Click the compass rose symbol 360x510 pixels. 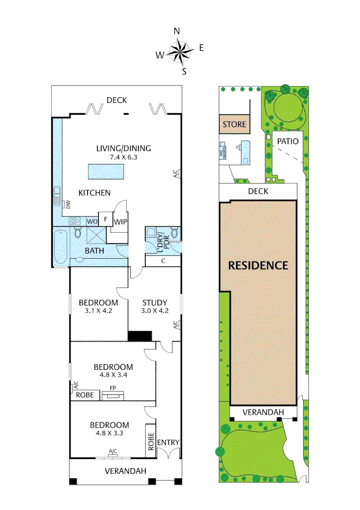(180, 52)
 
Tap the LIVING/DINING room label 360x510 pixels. (124, 148)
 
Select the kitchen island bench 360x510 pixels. (106, 172)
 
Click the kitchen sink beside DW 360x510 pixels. (58, 196)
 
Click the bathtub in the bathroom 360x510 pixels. (60, 246)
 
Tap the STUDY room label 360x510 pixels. (154, 302)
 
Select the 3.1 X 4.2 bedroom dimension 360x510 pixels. (98, 311)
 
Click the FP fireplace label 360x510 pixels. (113, 388)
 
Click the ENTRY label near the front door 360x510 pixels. (168, 442)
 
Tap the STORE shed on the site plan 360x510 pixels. (234, 125)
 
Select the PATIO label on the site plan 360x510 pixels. (288, 141)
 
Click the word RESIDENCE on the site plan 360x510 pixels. (258, 265)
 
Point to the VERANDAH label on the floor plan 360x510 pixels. (125, 471)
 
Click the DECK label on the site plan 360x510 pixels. (258, 191)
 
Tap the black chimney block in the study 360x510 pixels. (140, 336)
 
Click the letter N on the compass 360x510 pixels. (177, 32)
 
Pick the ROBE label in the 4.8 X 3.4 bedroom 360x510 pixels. (85, 395)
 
